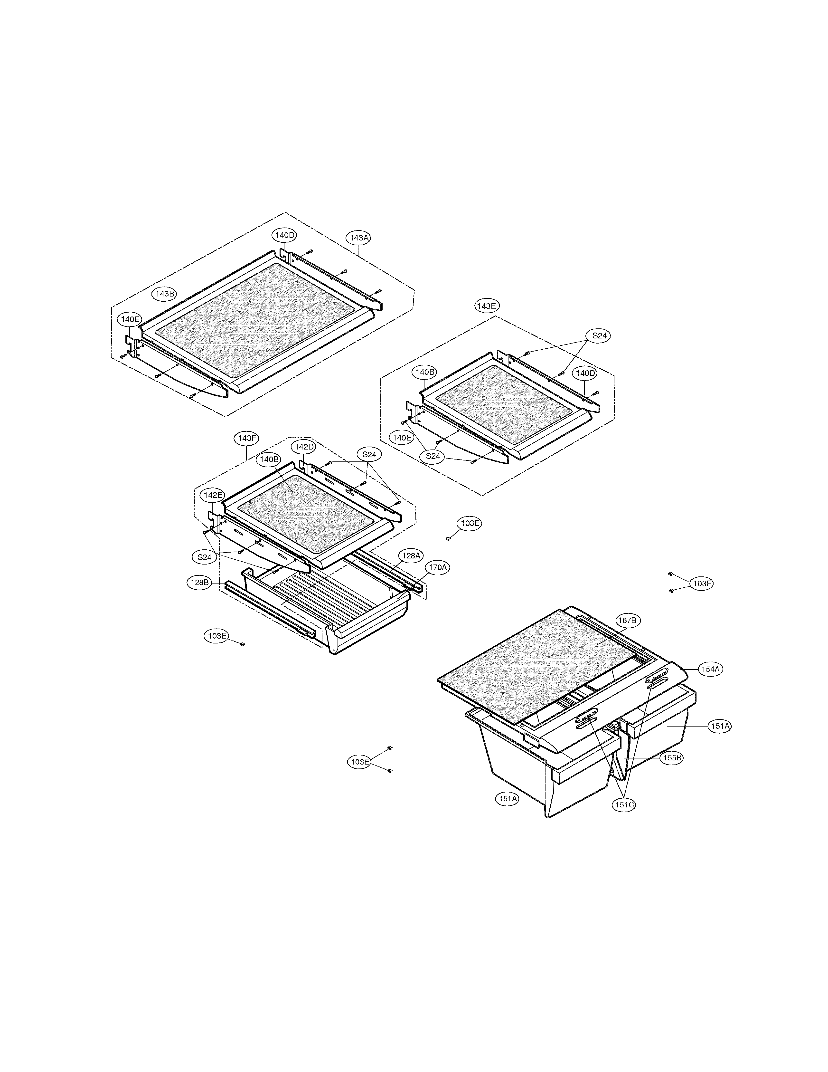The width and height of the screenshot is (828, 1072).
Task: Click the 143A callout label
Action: tap(358, 238)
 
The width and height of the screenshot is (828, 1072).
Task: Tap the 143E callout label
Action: tap(487, 306)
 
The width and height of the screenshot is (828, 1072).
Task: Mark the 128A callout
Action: tap(411, 556)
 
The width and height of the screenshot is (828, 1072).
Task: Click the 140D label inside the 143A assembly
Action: tap(284, 235)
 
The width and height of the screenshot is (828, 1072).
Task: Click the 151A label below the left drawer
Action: tap(508, 799)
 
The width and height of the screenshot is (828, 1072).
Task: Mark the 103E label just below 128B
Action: tap(217, 636)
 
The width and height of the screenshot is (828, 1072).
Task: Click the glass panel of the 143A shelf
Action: tap(255, 319)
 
